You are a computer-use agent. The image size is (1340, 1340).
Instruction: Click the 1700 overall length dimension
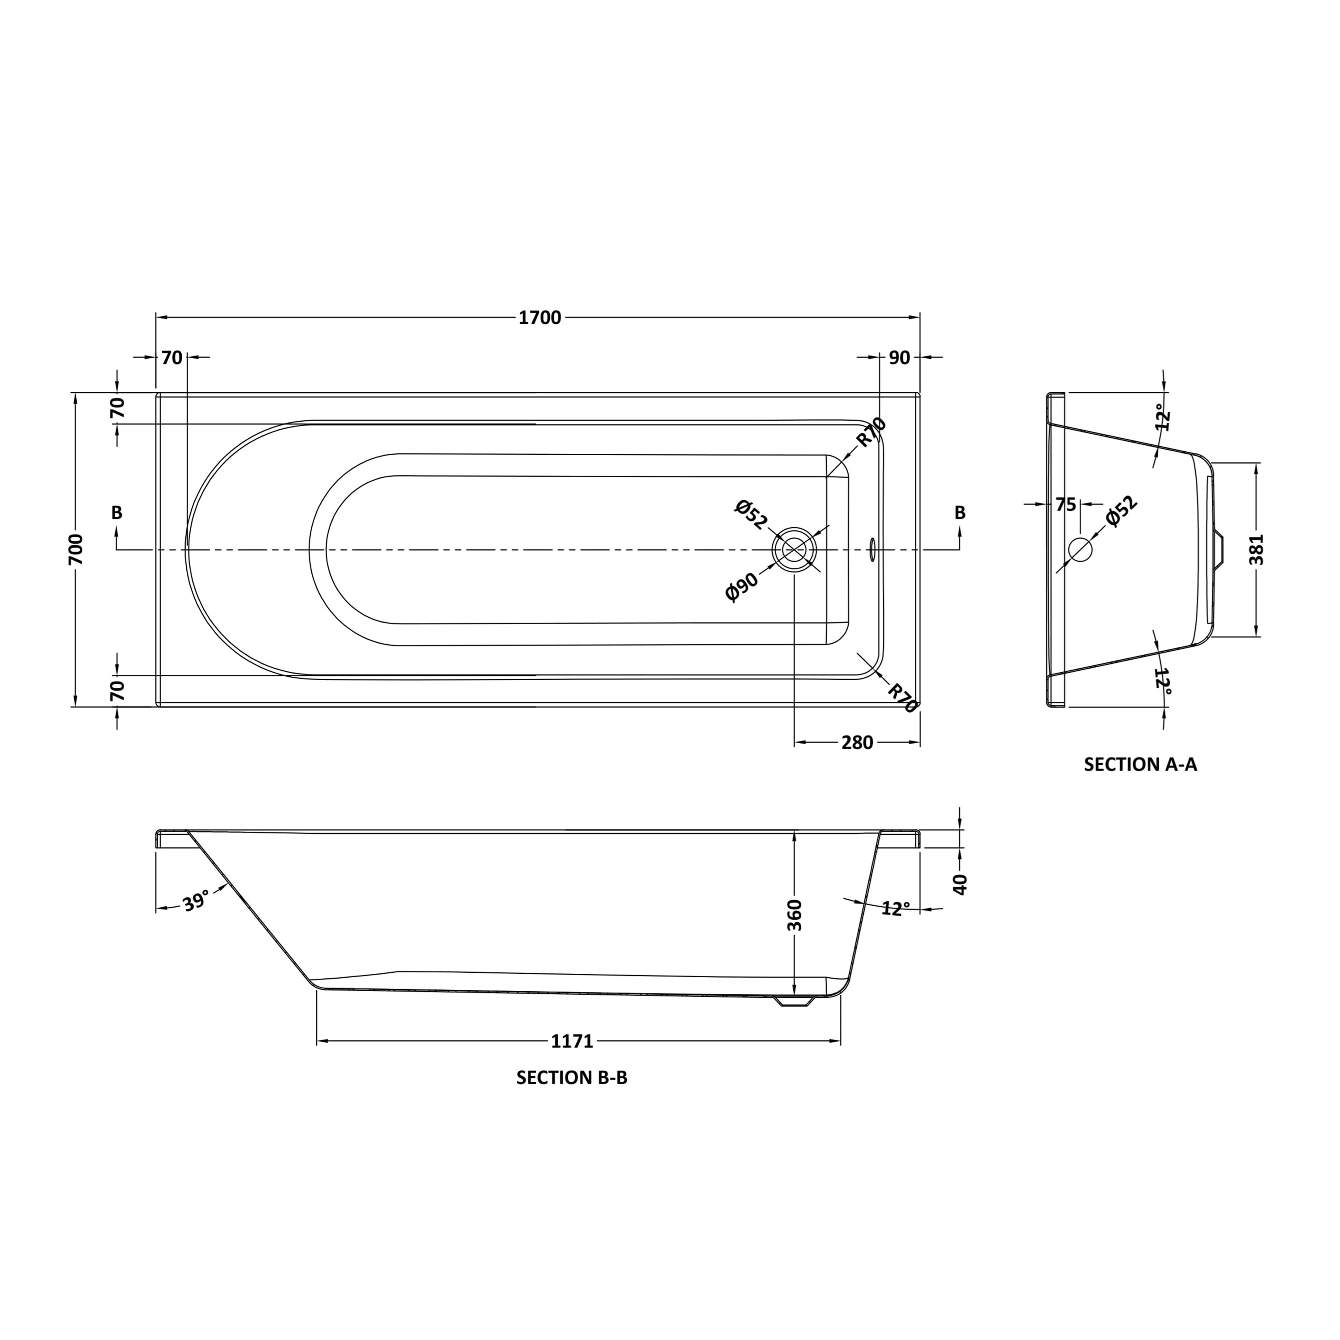[540, 318]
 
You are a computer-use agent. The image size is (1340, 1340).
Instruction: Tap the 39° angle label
[196, 902]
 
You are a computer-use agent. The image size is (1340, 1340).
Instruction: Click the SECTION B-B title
[572, 1077]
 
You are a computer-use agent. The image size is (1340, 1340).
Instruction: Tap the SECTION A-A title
[1140, 764]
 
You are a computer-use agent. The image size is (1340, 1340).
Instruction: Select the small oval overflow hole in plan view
[872, 549]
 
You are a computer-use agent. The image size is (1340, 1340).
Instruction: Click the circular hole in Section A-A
[1080, 549]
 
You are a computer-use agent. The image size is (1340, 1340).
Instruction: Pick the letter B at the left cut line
[117, 513]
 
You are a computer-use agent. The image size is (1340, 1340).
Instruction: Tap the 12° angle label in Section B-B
[896, 909]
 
